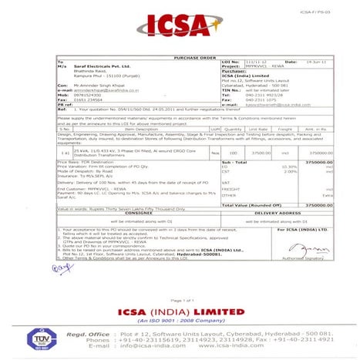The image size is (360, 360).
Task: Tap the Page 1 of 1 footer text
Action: click(x=180, y=300)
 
